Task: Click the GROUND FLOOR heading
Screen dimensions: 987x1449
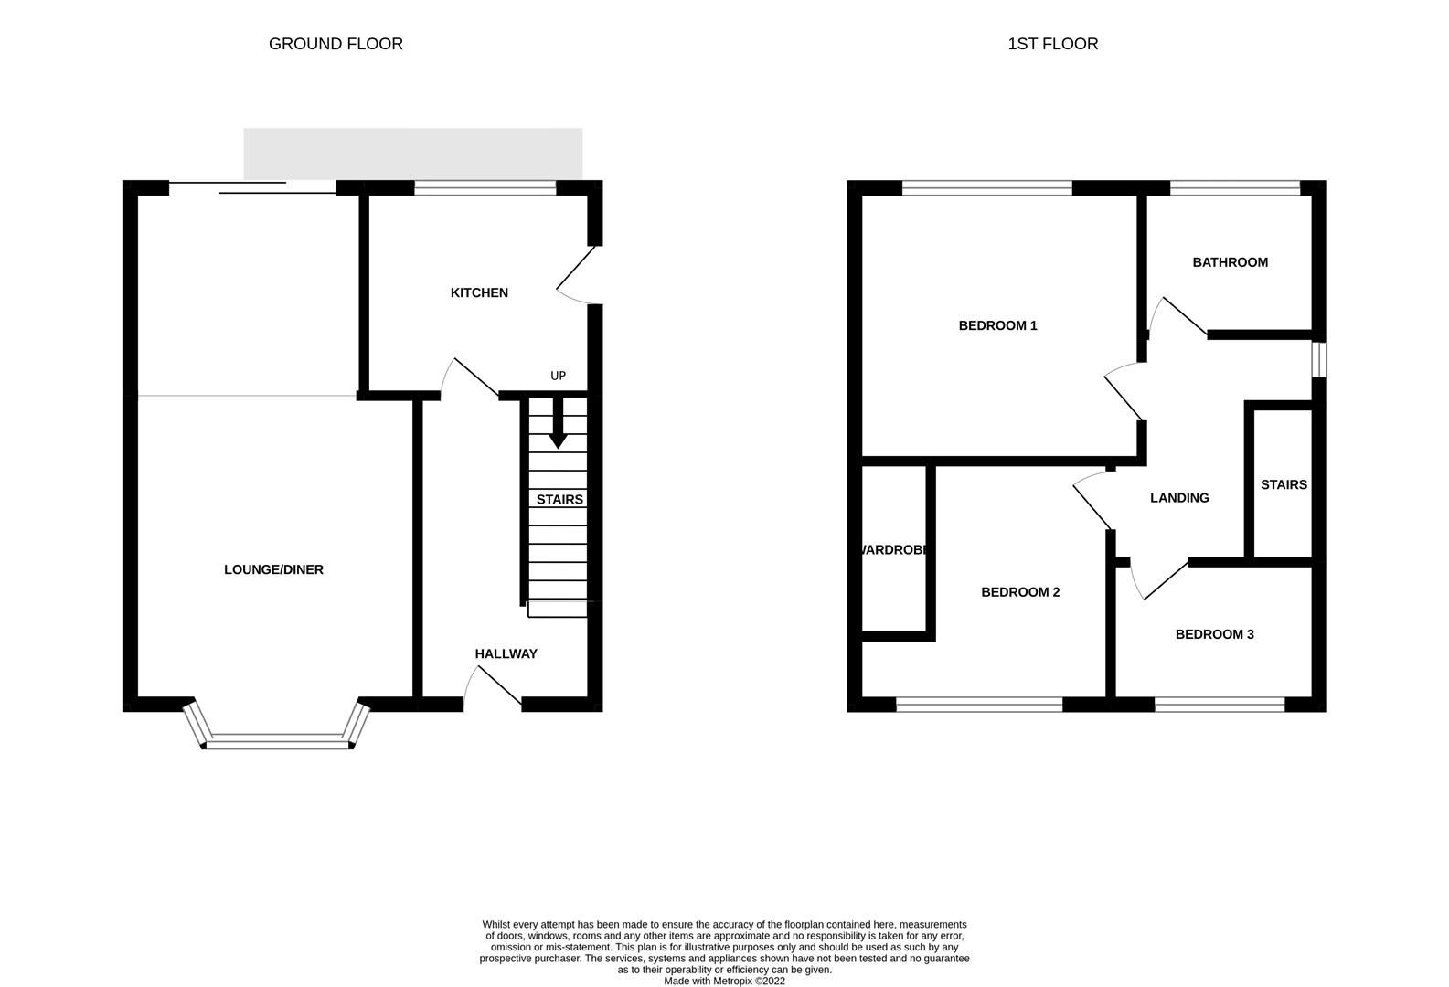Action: pyautogui.click(x=336, y=44)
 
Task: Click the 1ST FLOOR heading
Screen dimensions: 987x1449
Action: pyautogui.click(x=1052, y=44)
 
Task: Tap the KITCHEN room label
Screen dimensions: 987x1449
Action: pyautogui.click(x=479, y=292)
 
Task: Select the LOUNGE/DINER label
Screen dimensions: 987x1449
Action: pyautogui.click(x=273, y=569)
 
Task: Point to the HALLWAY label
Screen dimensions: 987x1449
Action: pyautogui.click(x=506, y=653)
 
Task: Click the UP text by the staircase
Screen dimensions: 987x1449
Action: pyautogui.click(x=558, y=376)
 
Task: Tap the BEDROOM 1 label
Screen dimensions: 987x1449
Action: pyautogui.click(x=997, y=325)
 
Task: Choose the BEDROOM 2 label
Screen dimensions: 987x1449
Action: pyautogui.click(x=1020, y=592)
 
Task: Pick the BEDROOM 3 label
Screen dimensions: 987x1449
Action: pyautogui.click(x=1214, y=634)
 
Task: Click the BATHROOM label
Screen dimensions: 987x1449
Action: pyautogui.click(x=1230, y=262)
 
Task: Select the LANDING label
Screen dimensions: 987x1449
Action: pyautogui.click(x=1179, y=498)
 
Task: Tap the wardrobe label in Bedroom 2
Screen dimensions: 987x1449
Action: pyautogui.click(x=895, y=550)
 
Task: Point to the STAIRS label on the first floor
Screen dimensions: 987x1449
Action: pyautogui.click(x=1284, y=484)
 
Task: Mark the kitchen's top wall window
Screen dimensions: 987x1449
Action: pyautogui.click(x=485, y=188)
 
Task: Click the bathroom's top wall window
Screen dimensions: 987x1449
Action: pyautogui.click(x=1234, y=188)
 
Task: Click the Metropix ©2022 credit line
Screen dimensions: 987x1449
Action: pyautogui.click(x=724, y=982)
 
